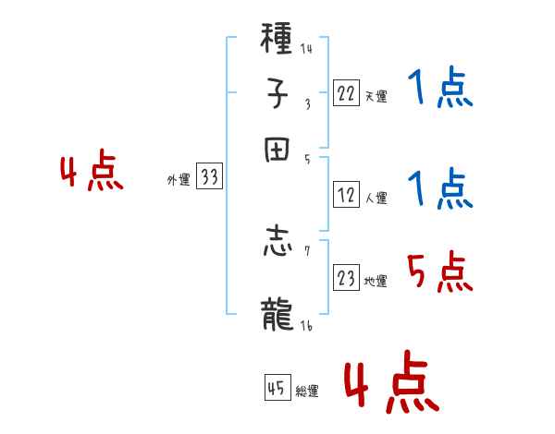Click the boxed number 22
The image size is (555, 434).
point(346,93)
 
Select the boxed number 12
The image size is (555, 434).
point(346,196)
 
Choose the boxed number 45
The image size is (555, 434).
point(276,389)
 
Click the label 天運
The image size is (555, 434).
point(376,96)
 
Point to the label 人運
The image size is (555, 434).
point(376,198)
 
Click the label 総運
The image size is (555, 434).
point(306,392)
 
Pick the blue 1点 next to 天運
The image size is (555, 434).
point(439,90)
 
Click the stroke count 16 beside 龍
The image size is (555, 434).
point(305,326)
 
